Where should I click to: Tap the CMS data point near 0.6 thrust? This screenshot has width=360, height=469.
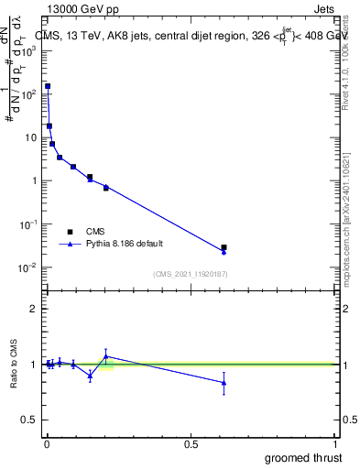click(x=224, y=247)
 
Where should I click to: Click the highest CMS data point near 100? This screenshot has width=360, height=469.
click(x=48, y=86)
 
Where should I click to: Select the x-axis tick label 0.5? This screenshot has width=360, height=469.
click(x=191, y=444)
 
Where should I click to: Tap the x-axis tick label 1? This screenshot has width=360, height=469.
click(x=336, y=444)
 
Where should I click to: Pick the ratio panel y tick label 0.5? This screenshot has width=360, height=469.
click(x=30, y=420)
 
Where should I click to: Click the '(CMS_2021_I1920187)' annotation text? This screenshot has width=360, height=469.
click(x=190, y=274)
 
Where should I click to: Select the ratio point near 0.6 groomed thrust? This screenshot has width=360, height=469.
click(x=224, y=383)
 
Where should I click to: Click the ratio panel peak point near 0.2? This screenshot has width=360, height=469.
click(x=106, y=356)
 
